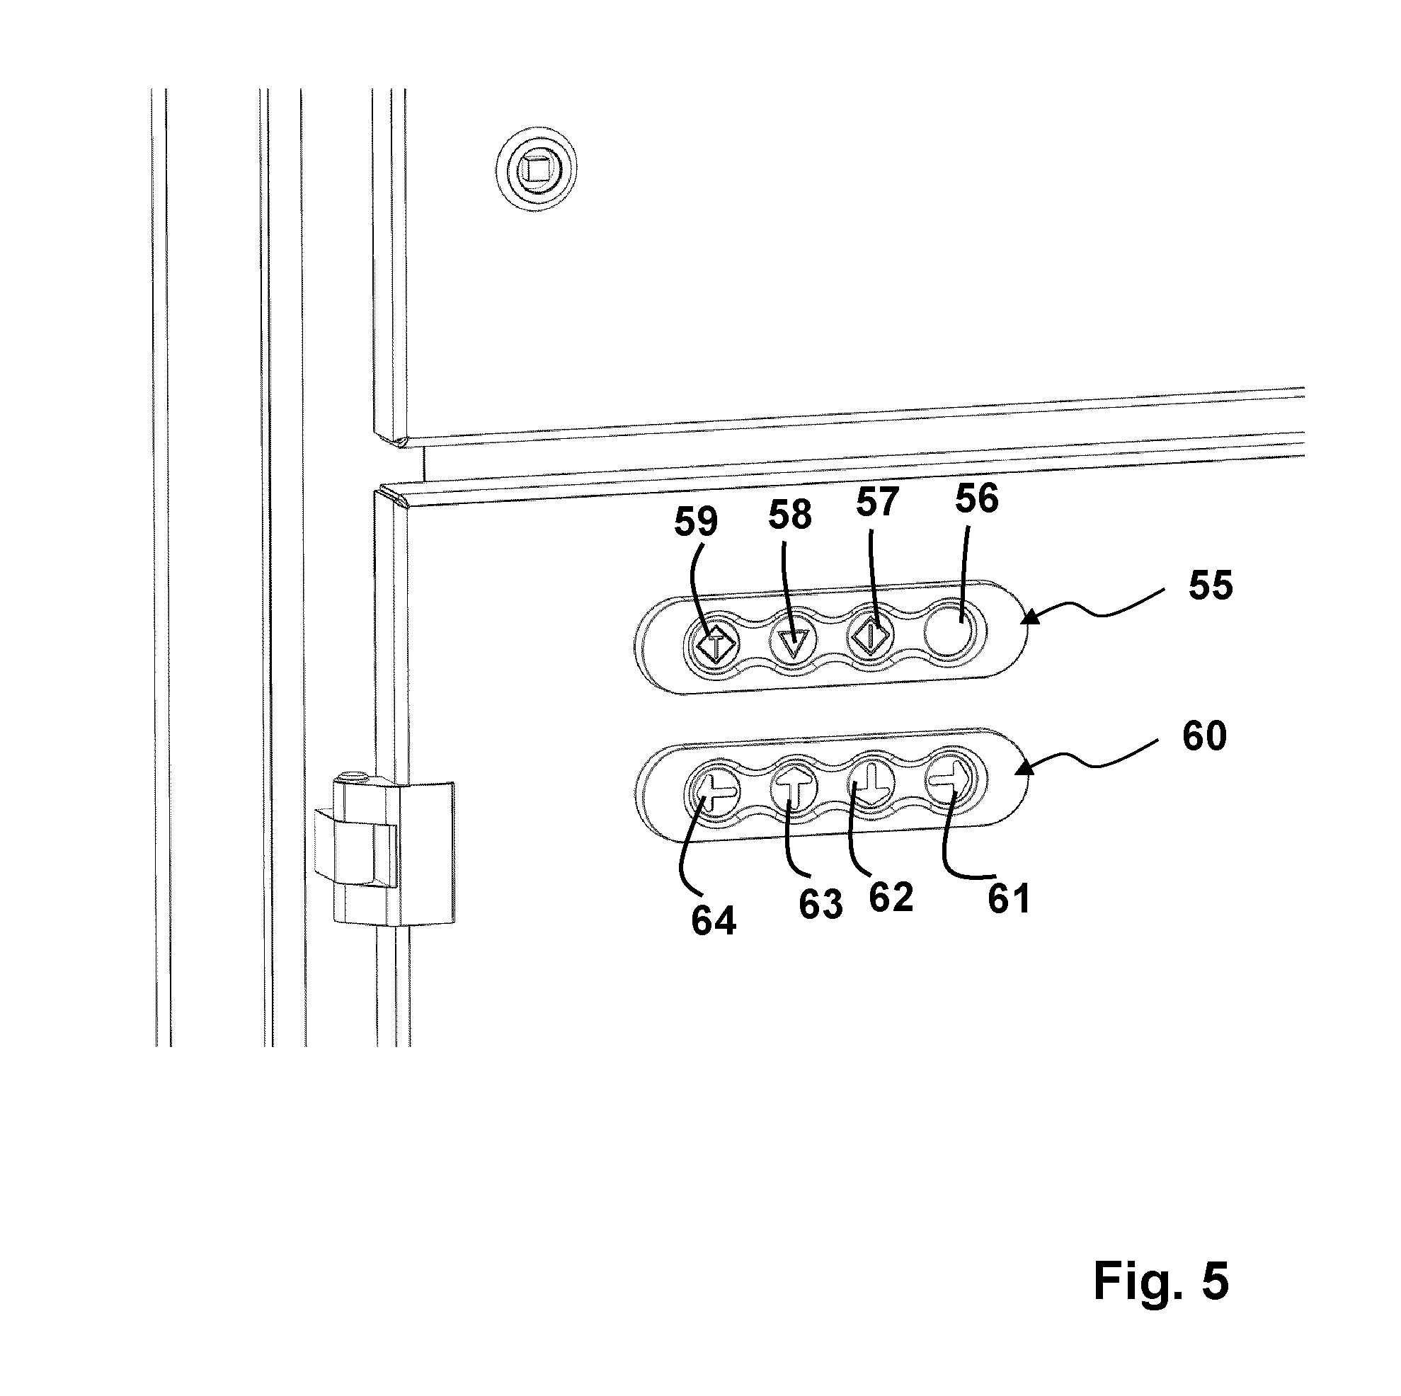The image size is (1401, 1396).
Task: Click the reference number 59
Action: click(x=696, y=522)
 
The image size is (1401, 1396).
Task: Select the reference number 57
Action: click(x=877, y=502)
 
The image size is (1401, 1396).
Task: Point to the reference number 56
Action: click(x=977, y=498)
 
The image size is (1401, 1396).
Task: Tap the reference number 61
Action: click(x=1010, y=900)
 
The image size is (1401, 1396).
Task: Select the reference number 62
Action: click(x=891, y=898)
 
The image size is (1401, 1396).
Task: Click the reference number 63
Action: click(x=821, y=905)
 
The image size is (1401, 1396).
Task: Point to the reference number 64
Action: click(x=714, y=921)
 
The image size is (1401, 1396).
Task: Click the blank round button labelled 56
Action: click(x=951, y=628)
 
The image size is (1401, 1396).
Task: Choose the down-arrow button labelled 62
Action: click(x=872, y=785)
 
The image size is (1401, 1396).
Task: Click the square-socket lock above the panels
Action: click(x=537, y=169)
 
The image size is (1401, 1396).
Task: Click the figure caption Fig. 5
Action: click(x=1161, y=1281)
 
